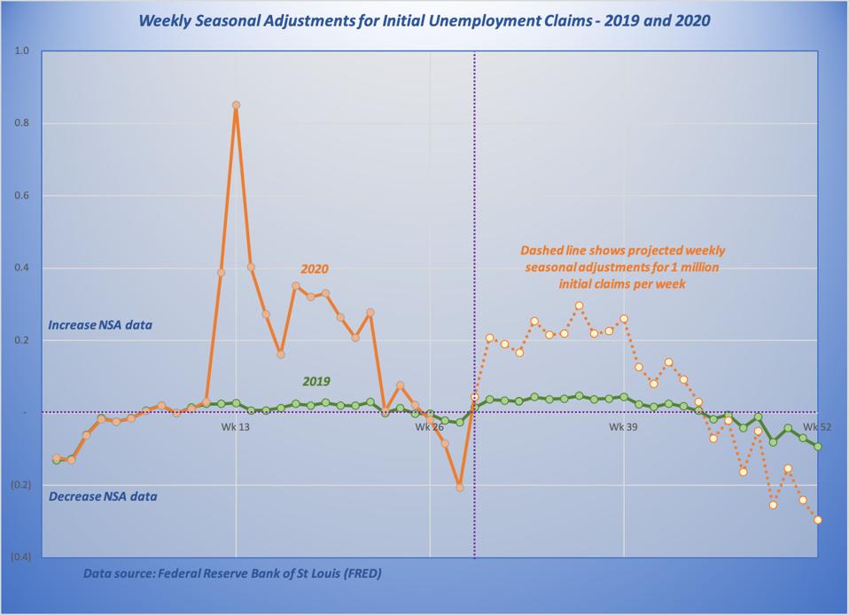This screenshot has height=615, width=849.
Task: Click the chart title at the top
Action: pyautogui.click(x=424, y=20)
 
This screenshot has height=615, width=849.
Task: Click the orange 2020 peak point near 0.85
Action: pyautogui.click(x=236, y=105)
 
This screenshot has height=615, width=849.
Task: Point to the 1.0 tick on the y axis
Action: pyautogui.click(x=23, y=51)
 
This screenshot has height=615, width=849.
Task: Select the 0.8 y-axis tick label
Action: pyautogui.click(x=23, y=124)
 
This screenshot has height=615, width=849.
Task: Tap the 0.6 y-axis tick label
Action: pyautogui.click(x=23, y=196)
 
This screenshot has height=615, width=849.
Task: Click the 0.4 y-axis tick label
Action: pyautogui.click(x=23, y=269)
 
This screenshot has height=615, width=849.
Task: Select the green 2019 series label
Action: pyautogui.click(x=316, y=382)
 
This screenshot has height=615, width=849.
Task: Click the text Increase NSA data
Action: pyautogui.click(x=100, y=325)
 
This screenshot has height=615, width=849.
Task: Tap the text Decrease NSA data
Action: pyautogui.click(x=103, y=496)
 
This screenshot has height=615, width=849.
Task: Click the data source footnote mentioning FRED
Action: pyautogui.click(x=232, y=573)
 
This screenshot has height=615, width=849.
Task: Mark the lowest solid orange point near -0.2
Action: pyautogui.click(x=460, y=487)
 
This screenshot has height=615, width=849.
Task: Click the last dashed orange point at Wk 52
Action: pyautogui.click(x=817, y=520)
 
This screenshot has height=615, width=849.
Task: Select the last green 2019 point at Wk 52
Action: pyautogui.click(x=817, y=447)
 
